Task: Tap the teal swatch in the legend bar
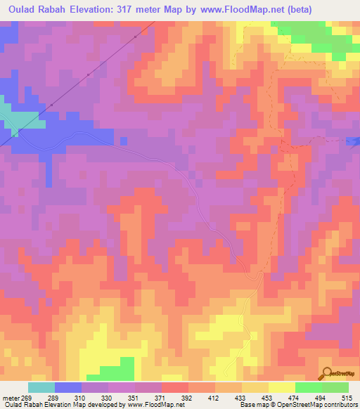41,387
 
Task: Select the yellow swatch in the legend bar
281,387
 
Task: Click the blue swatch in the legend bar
68,387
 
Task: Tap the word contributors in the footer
337,405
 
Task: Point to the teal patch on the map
21,118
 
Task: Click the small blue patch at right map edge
354,141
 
